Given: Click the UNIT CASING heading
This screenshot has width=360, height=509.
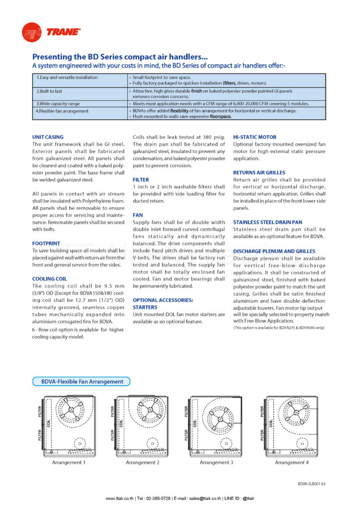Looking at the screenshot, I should click(x=48, y=137).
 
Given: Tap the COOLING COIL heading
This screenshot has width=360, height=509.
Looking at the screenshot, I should click(x=50, y=279).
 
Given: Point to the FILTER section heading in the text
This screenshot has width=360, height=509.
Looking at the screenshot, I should click(x=141, y=179).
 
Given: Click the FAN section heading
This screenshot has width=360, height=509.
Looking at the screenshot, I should click(x=138, y=215).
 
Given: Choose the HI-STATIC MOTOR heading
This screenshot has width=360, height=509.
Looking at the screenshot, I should click(x=255, y=137).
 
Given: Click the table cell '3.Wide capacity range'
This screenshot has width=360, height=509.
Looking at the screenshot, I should click(x=56, y=103).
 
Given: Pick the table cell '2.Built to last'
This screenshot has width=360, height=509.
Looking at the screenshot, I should click(x=49, y=91).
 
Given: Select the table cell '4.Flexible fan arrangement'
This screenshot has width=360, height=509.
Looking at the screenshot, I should click(x=62, y=111).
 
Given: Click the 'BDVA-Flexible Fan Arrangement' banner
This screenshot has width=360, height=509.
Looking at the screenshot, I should click(x=81, y=382).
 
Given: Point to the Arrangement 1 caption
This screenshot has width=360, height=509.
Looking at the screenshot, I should click(x=69, y=462).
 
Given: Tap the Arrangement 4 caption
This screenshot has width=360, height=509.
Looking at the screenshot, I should click(x=292, y=462).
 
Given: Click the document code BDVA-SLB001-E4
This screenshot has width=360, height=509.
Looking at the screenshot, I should click(x=312, y=484).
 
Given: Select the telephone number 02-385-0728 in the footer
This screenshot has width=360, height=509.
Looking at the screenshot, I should click(x=157, y=499).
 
